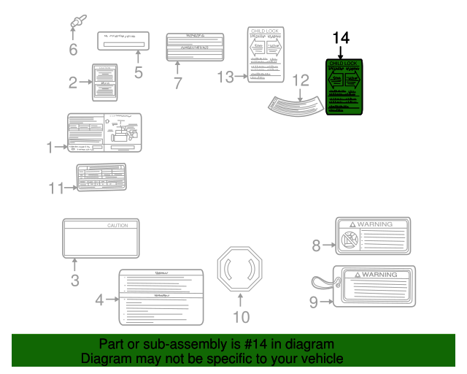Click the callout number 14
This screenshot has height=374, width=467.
tap(341, 37)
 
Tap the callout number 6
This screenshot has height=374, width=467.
tap(72, 50)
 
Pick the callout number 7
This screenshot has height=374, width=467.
tap(177, 83)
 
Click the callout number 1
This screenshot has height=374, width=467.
tap(50, 148)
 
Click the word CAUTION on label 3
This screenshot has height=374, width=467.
tap(117, 226)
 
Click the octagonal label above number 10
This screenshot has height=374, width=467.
tap(240, 268)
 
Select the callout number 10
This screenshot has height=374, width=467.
tap(240, 316)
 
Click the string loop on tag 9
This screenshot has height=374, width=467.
tap(318, 283)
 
